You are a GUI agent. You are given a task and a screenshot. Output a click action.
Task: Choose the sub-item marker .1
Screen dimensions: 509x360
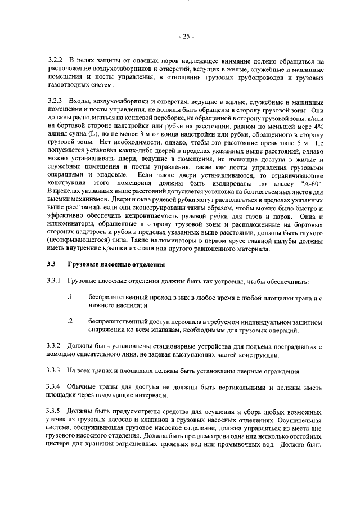pos(70,296)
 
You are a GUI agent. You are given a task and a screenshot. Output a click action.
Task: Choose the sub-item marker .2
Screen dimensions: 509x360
pos(70,321)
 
